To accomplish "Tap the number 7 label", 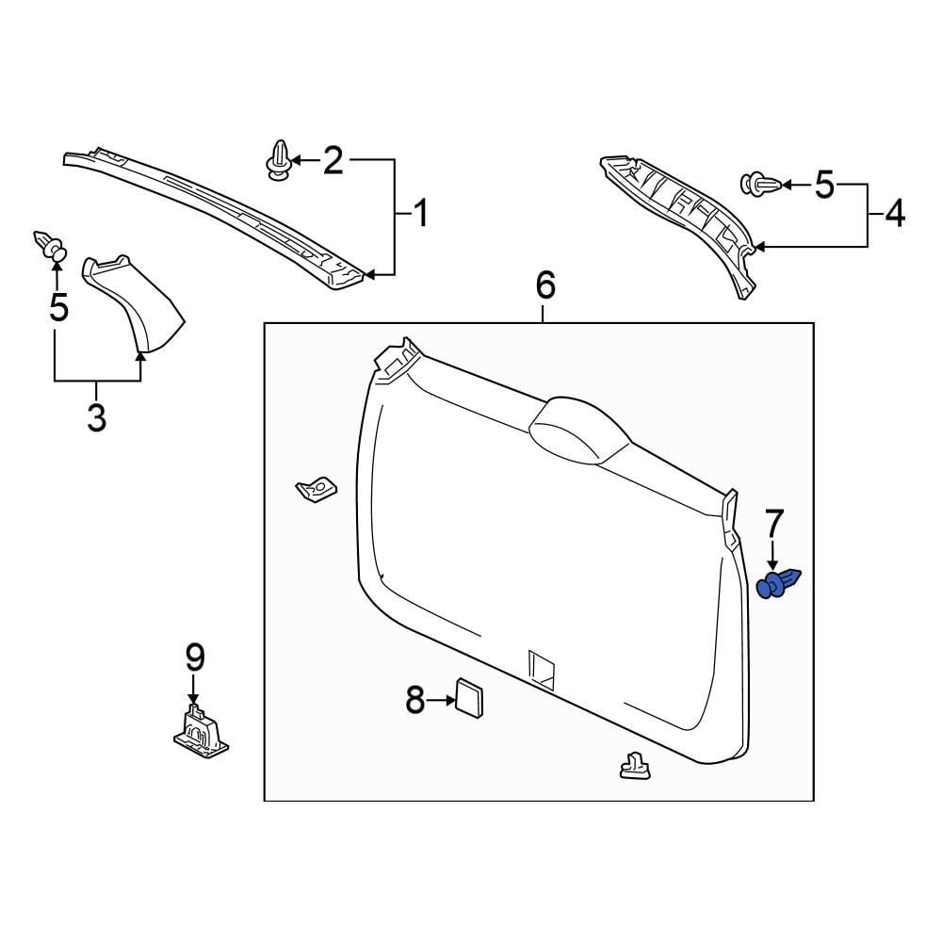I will pos(773,522).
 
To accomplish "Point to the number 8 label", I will pos(415,700).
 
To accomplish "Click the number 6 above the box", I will pos(545,284).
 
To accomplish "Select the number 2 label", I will pos(333,161).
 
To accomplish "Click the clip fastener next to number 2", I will pos(279,160).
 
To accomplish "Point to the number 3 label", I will pos(96,416).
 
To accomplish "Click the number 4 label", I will pos(894,214).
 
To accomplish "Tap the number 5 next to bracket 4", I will pos(824,186).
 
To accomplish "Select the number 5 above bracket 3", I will pos(58,307).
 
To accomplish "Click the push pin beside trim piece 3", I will pos(52,247).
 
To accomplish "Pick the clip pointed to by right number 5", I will pos(758,185).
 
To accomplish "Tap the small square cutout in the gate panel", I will pos(542,666).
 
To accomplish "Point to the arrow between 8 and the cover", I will pos(441,700).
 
